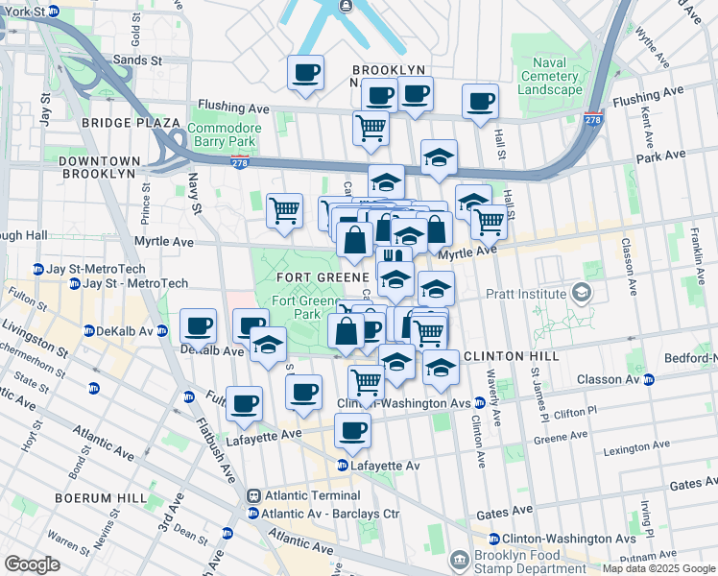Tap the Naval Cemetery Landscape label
click(550, 76)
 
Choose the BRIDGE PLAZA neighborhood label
click(131, 123)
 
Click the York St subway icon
click(54, 12)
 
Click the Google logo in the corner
click(32, 564)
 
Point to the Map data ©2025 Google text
click(658, 568)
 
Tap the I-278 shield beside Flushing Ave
click(592, 120)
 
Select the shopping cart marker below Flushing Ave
click(371, 128)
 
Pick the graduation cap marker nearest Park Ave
click(439, 156)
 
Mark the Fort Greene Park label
click(296, 307)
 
